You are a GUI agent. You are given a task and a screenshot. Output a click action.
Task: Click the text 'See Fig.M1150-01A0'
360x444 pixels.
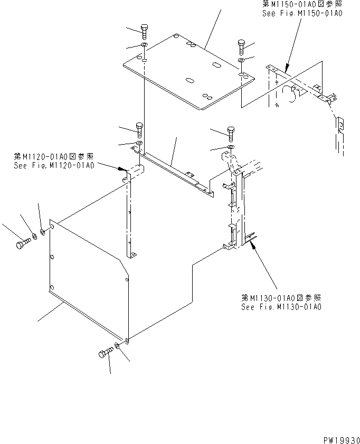(x=302, y=14)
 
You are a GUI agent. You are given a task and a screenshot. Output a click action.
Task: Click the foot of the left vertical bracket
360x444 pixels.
(x=132, y=256)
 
